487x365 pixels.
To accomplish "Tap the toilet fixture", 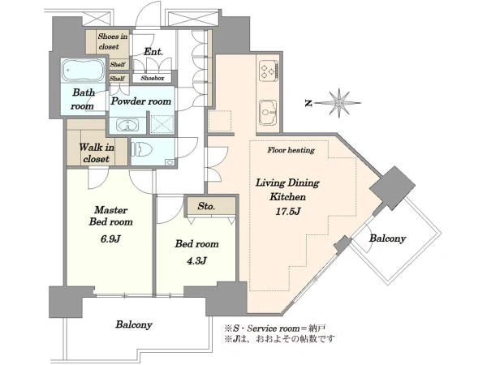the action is [142, 149].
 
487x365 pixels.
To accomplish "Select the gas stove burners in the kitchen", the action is [269, 71].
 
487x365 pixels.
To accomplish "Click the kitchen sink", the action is [268, 113].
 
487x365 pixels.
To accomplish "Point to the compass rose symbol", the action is [339, 103].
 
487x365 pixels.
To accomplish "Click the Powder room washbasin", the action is [127, 125].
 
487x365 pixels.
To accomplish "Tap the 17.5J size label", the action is [288, 212].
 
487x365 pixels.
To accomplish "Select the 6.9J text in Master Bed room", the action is [110, 238].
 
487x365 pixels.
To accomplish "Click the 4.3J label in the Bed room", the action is [196, 260].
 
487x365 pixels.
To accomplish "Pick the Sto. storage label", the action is [206, 206].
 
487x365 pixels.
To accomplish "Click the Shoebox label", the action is [153, 78].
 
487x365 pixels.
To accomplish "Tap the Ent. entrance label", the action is [153, 52].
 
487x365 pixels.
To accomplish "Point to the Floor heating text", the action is [291, 150].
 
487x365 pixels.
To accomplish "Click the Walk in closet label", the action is [97, 152].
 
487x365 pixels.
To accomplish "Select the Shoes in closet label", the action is [113, 41].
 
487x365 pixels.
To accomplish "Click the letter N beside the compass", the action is [308, 103].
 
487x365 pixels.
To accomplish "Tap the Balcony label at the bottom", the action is [134, 324].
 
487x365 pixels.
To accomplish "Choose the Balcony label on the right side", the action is [388, 238].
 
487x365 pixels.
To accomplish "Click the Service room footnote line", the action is [275, 328].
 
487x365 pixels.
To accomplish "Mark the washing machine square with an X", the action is [162, 124].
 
